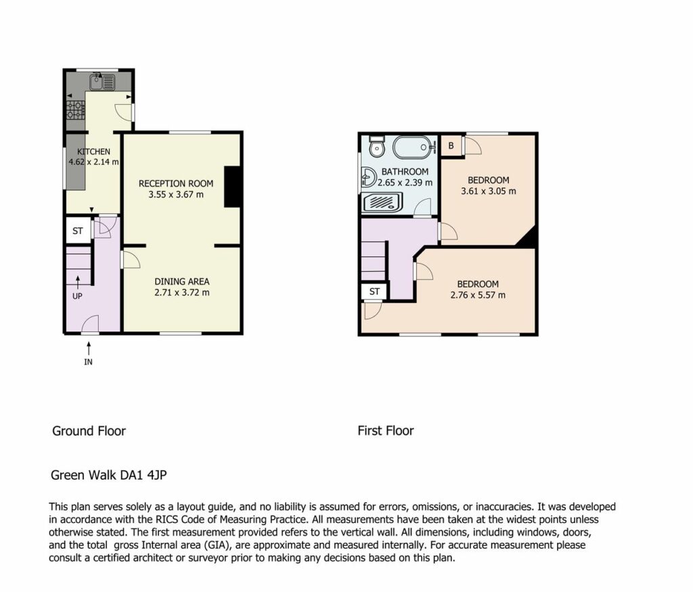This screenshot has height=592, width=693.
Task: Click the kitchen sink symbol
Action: coord(102,82)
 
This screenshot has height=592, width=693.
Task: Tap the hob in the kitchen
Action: coord(75,110)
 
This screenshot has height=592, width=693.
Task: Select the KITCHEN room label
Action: coord(93,152)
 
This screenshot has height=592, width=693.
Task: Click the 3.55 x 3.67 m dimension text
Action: coord(176,194)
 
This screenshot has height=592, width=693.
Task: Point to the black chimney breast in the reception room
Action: coord(233,187)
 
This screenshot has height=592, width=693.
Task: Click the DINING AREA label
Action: coord(182,281)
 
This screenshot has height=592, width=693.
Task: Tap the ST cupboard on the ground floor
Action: coord(79,230)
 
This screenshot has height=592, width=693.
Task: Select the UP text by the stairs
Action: coord(77,296)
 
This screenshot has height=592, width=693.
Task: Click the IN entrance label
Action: coord(89,362)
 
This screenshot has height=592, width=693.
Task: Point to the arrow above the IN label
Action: coord(89,348)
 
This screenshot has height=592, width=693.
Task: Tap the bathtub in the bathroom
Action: coord(411,147)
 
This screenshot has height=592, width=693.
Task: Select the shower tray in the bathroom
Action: coord(383,203)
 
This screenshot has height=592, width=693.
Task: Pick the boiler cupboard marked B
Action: coord(451,145)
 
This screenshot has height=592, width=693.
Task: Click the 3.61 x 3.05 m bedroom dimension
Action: coord(489,191)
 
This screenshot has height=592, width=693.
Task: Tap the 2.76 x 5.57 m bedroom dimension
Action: coord(478,295)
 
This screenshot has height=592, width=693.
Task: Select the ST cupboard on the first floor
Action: coord(374,291)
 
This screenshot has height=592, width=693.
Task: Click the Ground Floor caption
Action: coord(89,431)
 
